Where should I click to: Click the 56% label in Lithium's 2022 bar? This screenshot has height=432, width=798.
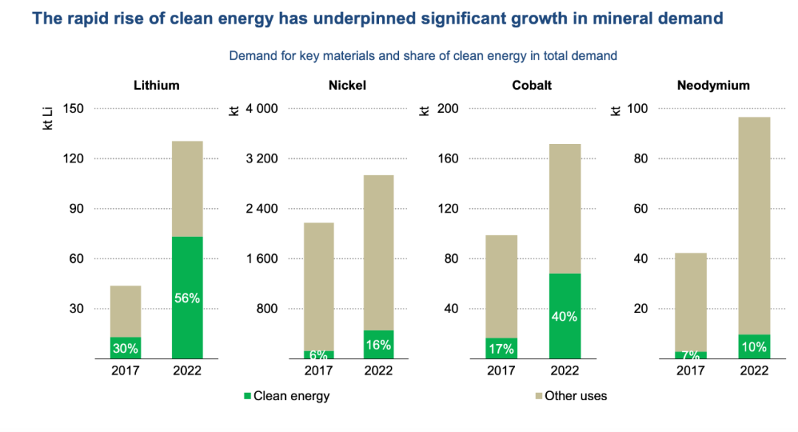tap(187, 298)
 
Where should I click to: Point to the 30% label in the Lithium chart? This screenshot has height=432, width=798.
tap(126, 348)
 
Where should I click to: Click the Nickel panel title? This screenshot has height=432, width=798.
tap(347, 86)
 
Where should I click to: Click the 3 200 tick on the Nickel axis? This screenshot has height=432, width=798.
tap(262, 159)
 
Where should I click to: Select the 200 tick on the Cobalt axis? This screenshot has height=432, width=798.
tap(449, 109)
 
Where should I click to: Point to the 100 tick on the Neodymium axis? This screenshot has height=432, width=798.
tap(638, 109)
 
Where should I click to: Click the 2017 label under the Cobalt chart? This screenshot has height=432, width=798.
tap(501, 371)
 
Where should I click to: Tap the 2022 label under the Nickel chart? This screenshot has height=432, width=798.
tap(378, 371)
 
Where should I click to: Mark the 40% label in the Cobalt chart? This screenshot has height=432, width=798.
tap(565, 316)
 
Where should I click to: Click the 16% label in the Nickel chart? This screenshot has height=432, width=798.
tap(378, 345)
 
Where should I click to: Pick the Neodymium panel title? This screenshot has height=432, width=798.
tap(713, 86)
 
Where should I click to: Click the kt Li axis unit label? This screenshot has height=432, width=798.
tap(48, 117)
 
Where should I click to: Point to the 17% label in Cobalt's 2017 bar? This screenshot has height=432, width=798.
tap(501, 349)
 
